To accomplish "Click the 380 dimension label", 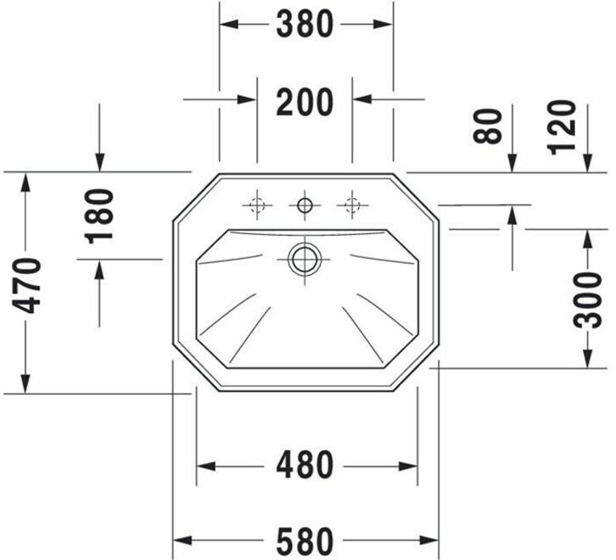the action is [305, 25].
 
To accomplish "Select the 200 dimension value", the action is [305, 102].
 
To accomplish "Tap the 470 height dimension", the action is [26, 286].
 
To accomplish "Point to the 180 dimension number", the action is [99, 216].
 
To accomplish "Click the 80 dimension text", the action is [488, 126].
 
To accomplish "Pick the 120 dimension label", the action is [562, 128].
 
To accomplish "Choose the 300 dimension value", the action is [587, 300].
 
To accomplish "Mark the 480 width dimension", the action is [305, 465].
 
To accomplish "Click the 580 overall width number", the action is [305, 541].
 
